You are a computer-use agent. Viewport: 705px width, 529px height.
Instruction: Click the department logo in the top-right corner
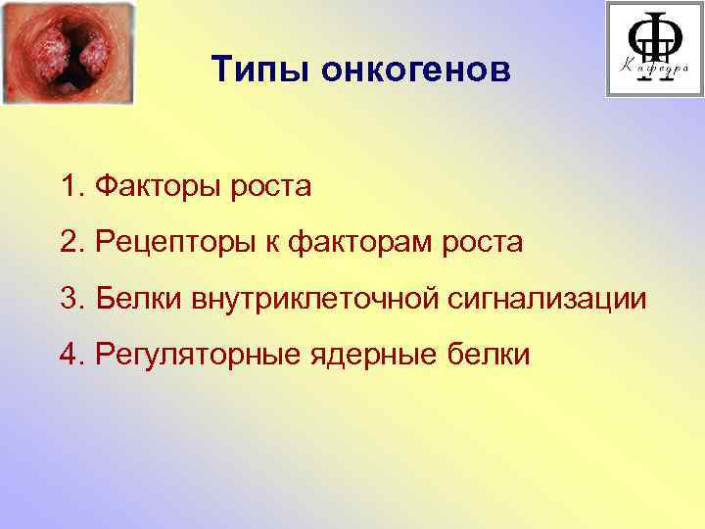(654, 48)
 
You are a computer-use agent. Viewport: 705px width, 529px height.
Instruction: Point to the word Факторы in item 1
(159, 186)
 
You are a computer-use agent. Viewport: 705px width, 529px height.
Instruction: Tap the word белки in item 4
(491, 354)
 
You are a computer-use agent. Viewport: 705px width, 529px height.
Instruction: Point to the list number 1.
(67, 186)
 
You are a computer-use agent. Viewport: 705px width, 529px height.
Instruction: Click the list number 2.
(67, 243)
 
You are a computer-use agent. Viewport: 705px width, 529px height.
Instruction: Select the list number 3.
(67, 298)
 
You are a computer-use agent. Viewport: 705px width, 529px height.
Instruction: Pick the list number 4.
(67, 354)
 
